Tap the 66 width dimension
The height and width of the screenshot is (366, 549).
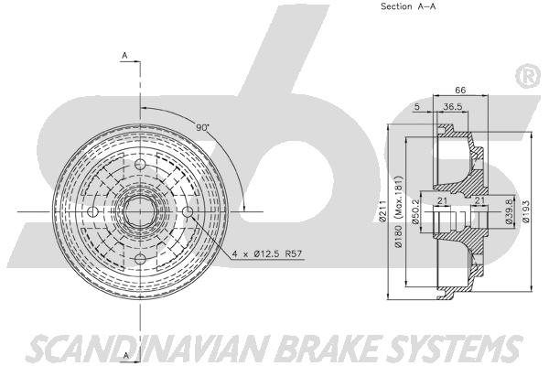click(461, 91)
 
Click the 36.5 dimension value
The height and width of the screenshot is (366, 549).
click(451, 107)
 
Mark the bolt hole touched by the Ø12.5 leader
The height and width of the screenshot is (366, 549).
click(188, 212)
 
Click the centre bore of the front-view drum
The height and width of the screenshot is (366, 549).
click(140, 212)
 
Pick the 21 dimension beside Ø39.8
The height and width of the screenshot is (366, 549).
click(478, 201)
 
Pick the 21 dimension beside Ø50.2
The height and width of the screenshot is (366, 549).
click(441, 201)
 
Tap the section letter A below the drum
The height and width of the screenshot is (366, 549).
click(124, 331)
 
